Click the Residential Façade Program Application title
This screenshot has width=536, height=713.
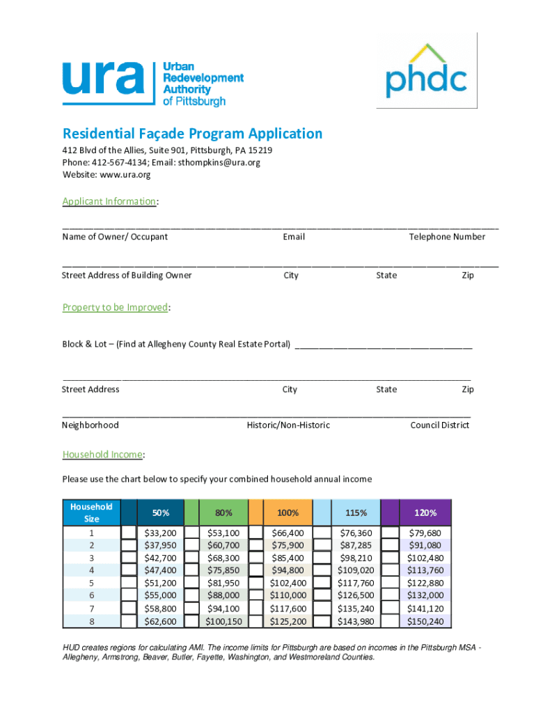pyautogui.click(x=192, y=134)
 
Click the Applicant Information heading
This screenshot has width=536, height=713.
pyautogui.click(x=109, y=201)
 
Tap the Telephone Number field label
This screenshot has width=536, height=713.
pyautogui.click(x=447, y=237)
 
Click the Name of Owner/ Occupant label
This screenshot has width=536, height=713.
pyautogui.click(x=115, y=237)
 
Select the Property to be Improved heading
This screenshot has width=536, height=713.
pyautogui.click(x=115, y=307)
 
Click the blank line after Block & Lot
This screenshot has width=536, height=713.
pyautogui.click(x=384, y=344)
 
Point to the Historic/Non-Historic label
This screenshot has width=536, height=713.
pyautogui.click(x=288, y=425)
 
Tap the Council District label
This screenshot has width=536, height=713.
pyautogui.click(x=439, y=425)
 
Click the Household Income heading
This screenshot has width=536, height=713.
pyautogui.click(x=102, y=454)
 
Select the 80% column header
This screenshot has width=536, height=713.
pyautogui.click(x=223, y=512)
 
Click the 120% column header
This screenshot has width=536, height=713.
pyautogui.click(x=425, y=512)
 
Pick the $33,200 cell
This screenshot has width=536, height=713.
pyautogui.click(x=159, y=533)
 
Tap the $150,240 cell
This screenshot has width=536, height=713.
pyautogui.click(x=425, y=621)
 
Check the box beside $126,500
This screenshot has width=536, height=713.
pyautogui.click(x=322, y=595)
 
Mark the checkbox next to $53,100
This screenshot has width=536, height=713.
pyautogui.click(x=193, y=533)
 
